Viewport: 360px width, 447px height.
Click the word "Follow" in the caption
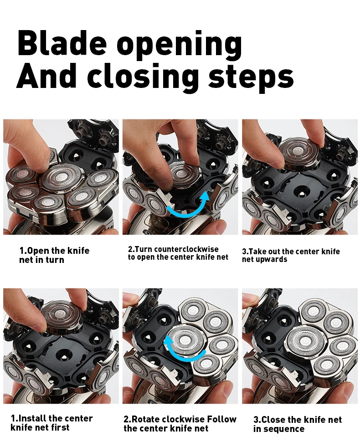(221, 419)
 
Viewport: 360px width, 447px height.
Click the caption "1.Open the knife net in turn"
(54, 255)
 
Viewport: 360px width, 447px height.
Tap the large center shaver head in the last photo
(305, 341)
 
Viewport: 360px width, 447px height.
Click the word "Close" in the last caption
(273, 420)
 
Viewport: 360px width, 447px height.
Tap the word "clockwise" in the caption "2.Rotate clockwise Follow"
(181, 419)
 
